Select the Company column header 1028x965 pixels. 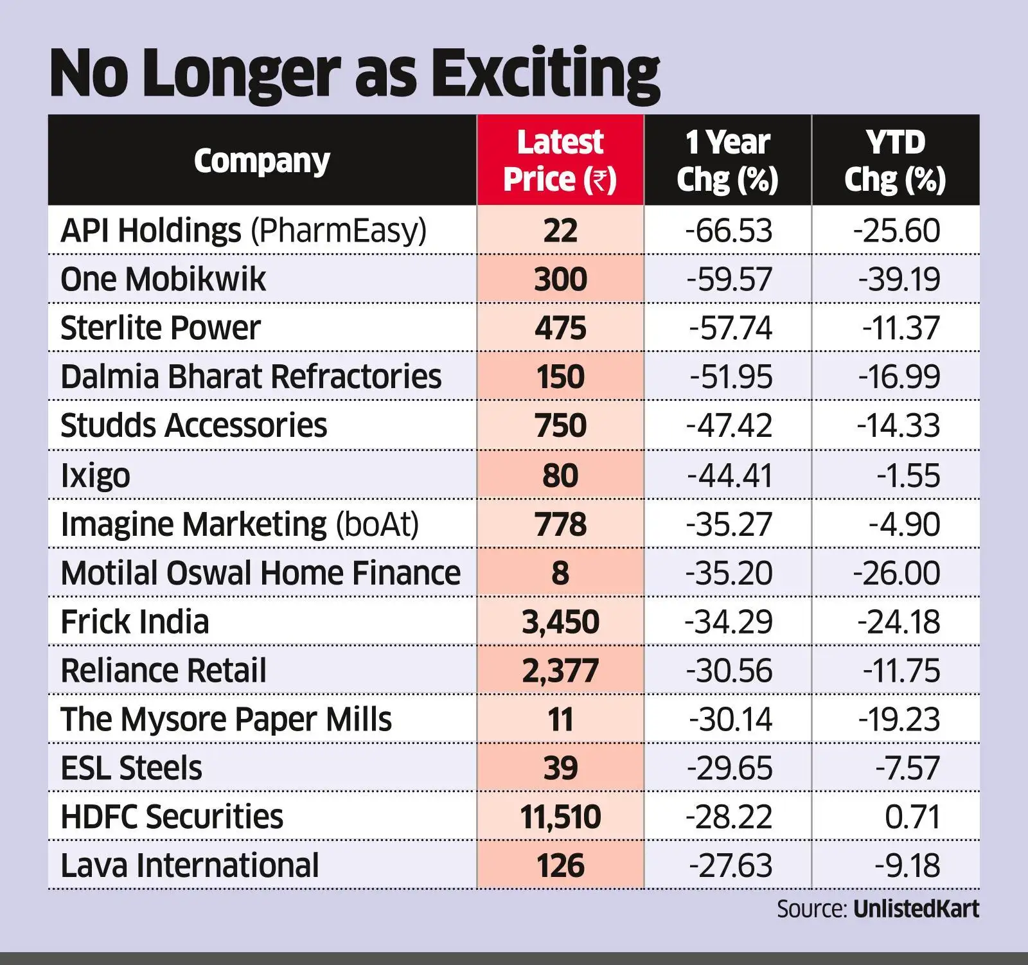261,161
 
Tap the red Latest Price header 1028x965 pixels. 560,161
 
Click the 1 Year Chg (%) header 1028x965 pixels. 727,161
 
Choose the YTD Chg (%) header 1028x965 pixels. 895,161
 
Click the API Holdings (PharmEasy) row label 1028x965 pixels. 243,231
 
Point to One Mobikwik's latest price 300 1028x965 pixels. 560,279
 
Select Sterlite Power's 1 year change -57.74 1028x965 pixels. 731,328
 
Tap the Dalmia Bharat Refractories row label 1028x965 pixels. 251,376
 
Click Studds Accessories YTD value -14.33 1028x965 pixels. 899,426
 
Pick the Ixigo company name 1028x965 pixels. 95,476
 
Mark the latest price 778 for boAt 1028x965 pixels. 560,524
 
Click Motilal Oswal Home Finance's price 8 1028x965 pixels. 560,573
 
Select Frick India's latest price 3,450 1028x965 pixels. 560,622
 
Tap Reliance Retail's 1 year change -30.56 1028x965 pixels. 729,671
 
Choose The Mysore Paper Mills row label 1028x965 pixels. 226,720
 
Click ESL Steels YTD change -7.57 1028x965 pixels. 907,768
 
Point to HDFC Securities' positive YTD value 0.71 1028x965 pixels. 912,817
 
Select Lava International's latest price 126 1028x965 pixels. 560,866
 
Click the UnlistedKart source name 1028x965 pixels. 916,909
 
